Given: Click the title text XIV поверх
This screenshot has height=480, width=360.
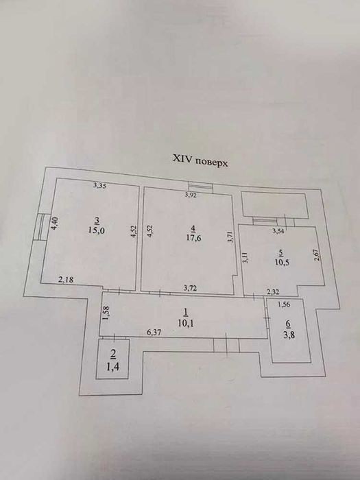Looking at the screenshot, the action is [200, 160].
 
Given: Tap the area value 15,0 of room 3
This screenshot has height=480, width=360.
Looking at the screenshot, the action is [97, 230].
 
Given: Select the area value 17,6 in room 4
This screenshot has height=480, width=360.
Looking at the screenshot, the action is [193, 238].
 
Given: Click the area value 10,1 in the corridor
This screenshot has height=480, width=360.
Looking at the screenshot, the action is [186, 323].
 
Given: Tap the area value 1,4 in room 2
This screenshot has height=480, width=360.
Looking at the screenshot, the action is [113, 366].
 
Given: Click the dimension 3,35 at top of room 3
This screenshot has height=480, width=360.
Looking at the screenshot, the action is [100, 185].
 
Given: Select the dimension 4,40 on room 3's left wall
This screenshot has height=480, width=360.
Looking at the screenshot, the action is [54, 223].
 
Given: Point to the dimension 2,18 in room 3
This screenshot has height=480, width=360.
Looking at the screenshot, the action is [66, 280].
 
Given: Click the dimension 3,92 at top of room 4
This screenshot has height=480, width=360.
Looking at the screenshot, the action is [191, 195].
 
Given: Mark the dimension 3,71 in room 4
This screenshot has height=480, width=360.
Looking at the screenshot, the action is [231, 237].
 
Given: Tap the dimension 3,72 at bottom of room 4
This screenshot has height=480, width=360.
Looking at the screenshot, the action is [190, 288].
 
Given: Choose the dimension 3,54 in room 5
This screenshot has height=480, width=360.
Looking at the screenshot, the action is [278, 232].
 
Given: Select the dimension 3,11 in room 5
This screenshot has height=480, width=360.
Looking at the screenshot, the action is [245, 257].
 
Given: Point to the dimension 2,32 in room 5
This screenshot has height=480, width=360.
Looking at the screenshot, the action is [273, 292].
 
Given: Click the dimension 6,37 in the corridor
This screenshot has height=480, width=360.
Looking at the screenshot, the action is [154, 332].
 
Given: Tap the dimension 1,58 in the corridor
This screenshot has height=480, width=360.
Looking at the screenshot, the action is [107, 313].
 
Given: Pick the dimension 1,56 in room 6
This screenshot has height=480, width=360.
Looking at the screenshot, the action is [284, 304].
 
